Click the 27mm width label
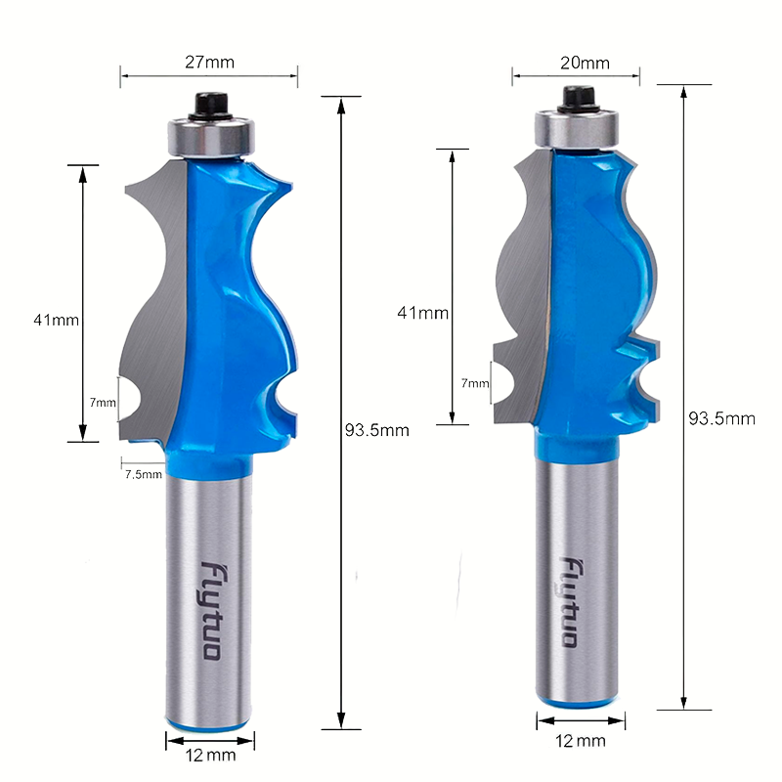[209, 62]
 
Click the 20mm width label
[585, 63]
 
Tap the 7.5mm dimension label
[144, 474]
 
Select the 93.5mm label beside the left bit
[377, 430]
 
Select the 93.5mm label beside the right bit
[721, 418]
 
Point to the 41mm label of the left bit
[57, 320]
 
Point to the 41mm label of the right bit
[422, 313]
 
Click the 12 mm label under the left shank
[210, 755]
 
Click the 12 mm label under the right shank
[581, 741]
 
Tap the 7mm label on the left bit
[103, 402]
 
